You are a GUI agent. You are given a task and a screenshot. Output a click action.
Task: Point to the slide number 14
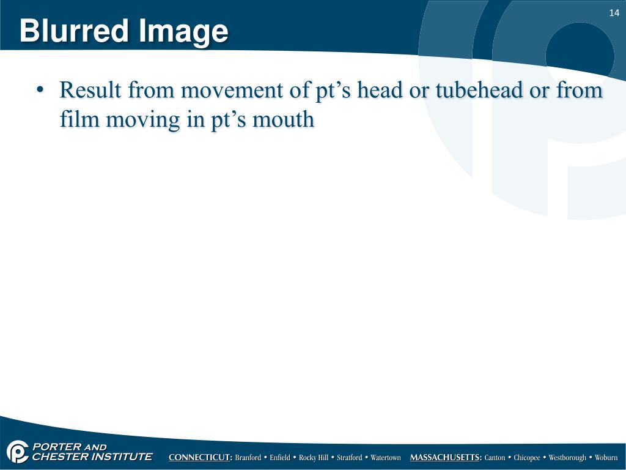point(614,13)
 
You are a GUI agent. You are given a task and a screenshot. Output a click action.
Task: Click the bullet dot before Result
point(40,91)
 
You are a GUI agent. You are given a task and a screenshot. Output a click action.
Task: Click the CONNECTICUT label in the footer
point(201,458)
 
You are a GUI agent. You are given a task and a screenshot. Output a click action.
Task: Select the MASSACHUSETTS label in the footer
point(446,458)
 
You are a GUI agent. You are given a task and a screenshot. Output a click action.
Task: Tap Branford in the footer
point(248,458)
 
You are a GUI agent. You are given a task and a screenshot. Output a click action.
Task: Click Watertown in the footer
point(386,458)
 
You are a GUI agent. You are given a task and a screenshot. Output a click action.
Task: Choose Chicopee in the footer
point(527,458)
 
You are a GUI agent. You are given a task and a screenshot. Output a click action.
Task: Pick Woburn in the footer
point(606,458)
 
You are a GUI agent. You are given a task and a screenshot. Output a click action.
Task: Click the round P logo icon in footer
point(18,452)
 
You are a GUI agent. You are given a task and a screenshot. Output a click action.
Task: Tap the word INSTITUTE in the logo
point(122,457)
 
